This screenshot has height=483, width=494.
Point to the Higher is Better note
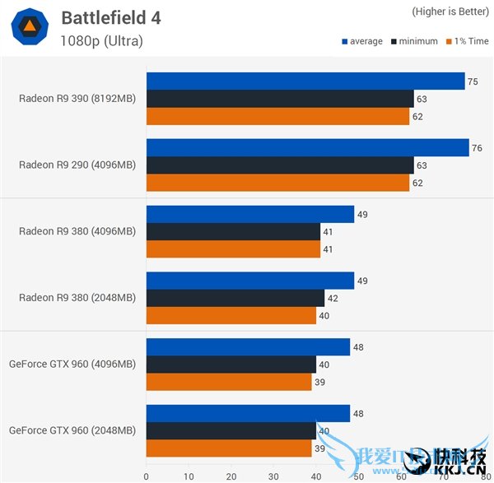[x=448, y=12]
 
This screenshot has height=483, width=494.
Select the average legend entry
[x=362, y=41]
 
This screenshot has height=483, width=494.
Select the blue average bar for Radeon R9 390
[x=305, y=81]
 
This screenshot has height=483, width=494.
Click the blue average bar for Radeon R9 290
[x=307, y=147]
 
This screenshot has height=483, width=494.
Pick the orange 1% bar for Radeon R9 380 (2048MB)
[x=231, y=315]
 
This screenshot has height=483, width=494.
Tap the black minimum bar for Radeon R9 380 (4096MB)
[x=232, y=231]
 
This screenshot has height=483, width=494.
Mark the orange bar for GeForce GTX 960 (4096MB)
[x=228, y=382]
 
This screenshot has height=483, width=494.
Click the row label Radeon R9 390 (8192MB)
[x=77, y=99]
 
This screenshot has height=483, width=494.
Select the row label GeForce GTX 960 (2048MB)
[x=72, y=430]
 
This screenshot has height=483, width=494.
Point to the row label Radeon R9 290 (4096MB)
[x=77, y=165]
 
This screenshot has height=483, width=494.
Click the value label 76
[x=477, y=148]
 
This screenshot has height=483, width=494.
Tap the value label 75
[x=472, y=81]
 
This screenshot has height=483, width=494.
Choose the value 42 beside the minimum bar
[x=332, y=298]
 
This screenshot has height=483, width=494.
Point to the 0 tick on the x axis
[x=147, y=475]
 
